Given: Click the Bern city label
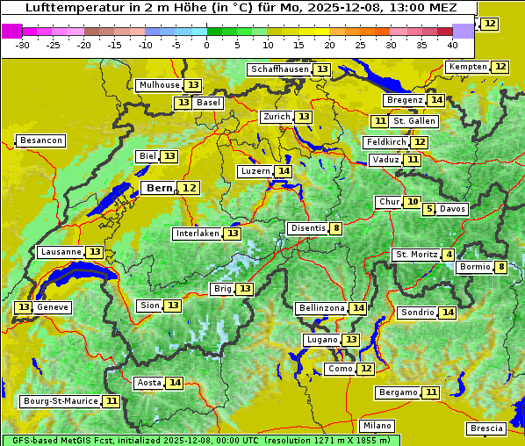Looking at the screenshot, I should point(160,188).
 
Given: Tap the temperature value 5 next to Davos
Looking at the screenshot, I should point(429,209).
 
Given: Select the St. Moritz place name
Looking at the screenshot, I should point(415,255).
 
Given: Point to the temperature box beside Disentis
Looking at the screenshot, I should point(336,228).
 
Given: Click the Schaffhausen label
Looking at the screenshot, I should point(278,69).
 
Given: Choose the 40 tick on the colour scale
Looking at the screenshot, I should point(452,45).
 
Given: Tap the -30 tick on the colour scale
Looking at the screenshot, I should point(23,45).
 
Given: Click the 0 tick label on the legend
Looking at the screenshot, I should point(206,45).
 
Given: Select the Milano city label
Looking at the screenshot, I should point(378,425).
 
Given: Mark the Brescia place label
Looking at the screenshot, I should point(486,428).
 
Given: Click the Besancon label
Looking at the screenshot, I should point(41,140).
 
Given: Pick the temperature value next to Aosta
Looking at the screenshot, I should point(176,383).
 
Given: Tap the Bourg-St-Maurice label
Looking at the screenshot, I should point(60,401).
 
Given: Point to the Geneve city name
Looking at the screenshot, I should point(52,307).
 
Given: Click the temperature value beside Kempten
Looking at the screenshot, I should point(500,67).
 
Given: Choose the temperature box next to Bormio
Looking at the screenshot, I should point(501,267).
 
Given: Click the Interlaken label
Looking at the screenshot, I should point(197,234).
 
